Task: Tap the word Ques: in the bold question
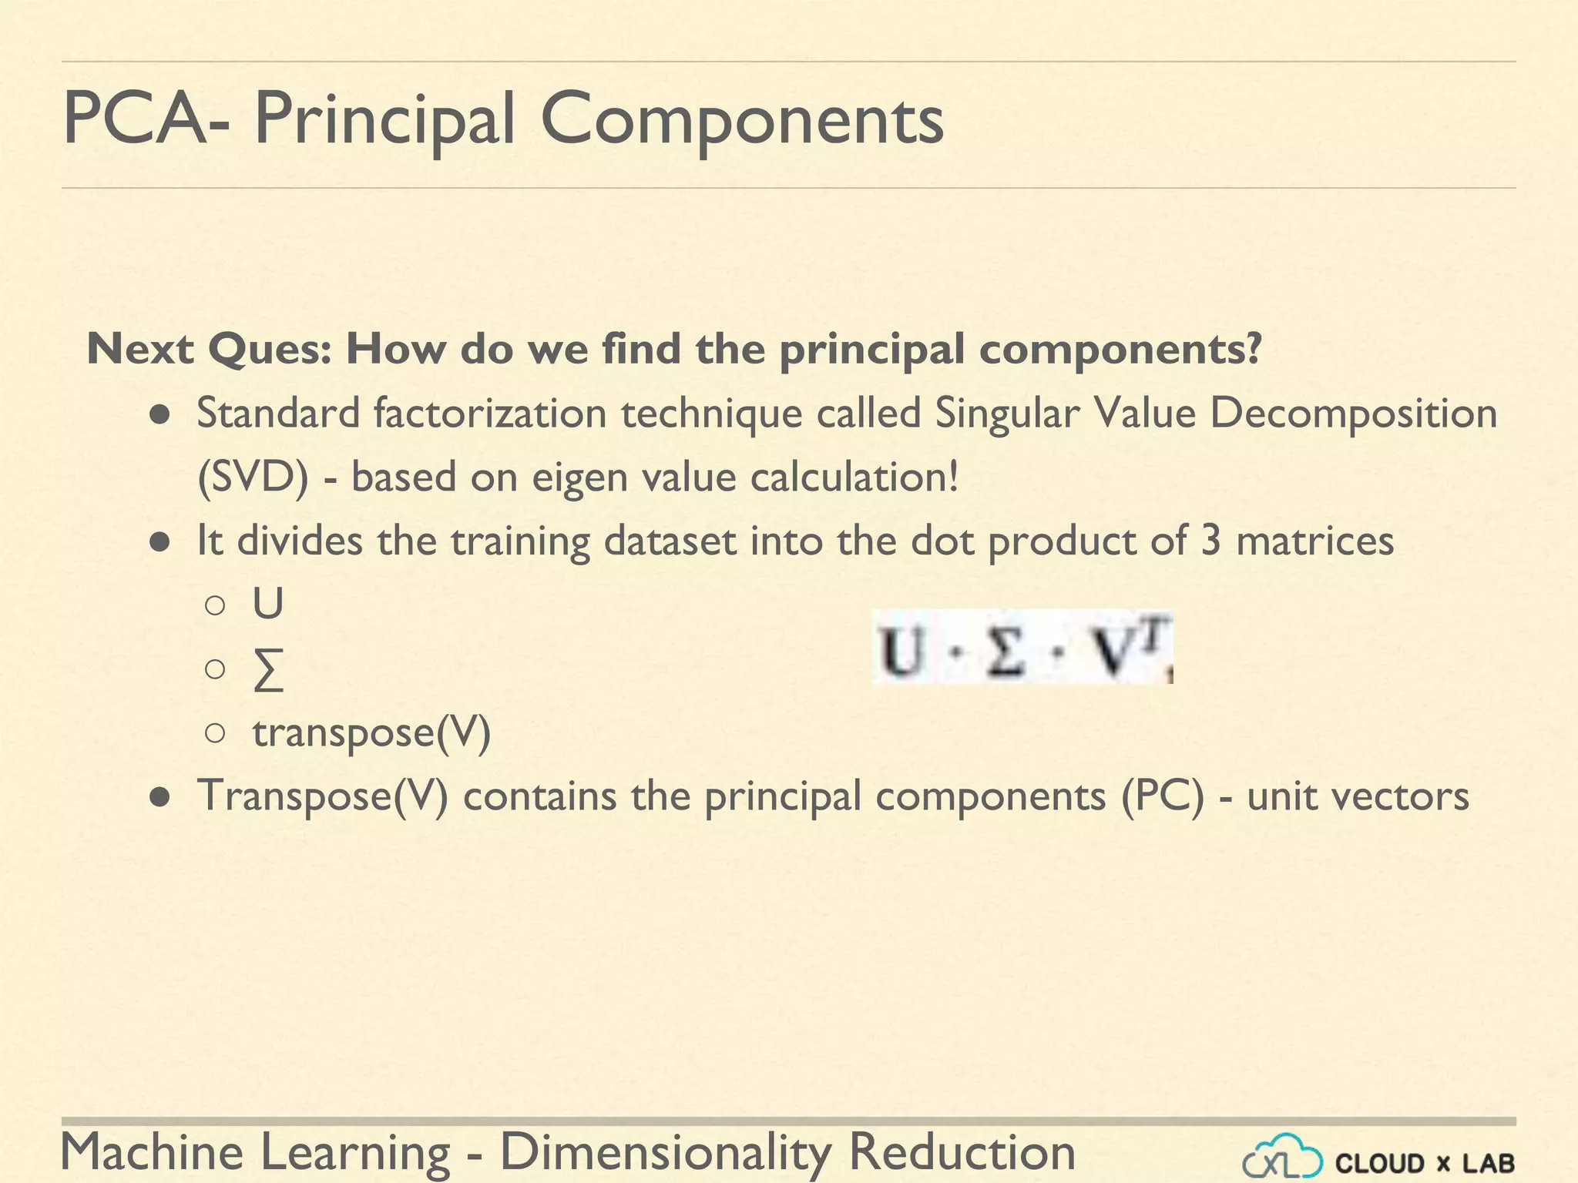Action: click(x=270, y=350)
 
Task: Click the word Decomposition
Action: click(x=1353, y=414)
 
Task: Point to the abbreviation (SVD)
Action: click(x=253, y=478)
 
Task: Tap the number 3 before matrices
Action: click(x=1211, y=541)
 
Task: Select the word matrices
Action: click(x=1314, y=541)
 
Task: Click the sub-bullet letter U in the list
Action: click(x=268, y=604)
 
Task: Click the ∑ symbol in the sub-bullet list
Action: click(x=268, y=670)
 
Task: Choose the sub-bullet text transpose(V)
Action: click(x=371, y=732)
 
